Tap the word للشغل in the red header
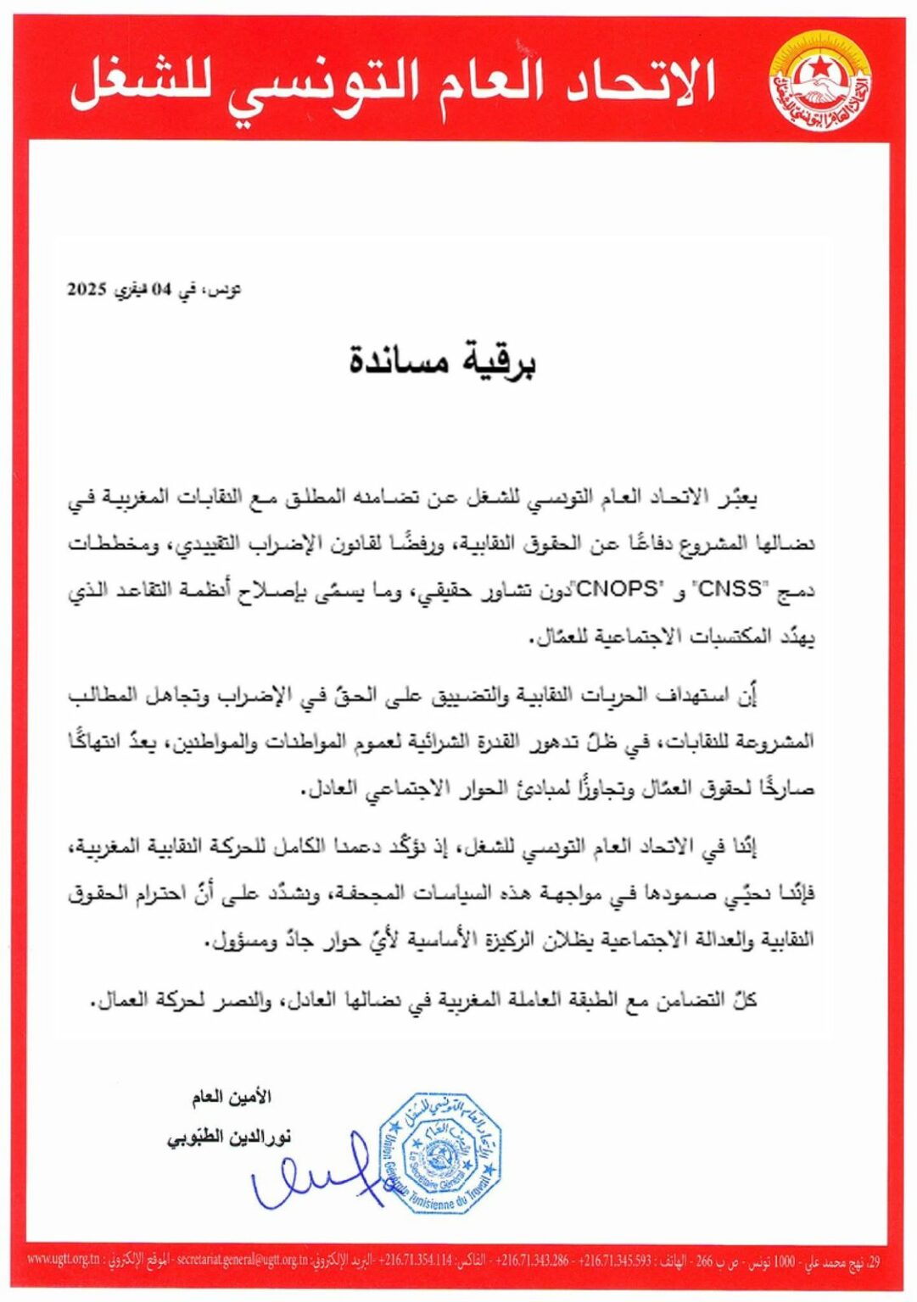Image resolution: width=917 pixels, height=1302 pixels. [x=140, y=82]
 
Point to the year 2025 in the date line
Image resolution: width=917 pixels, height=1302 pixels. [x=86, y=288]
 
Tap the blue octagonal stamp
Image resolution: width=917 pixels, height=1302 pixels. [x=439, y=1153]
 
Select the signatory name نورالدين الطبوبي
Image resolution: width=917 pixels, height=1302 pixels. [x=228, y=1137]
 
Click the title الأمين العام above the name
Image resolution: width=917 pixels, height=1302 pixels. [x=231, y=1097]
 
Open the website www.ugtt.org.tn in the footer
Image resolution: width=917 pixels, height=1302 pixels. [x=63, y=1259]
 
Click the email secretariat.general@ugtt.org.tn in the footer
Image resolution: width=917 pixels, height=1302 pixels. [x=242, y=1260]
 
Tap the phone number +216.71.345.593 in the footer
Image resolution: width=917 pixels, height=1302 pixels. [x=614, y=1260]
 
